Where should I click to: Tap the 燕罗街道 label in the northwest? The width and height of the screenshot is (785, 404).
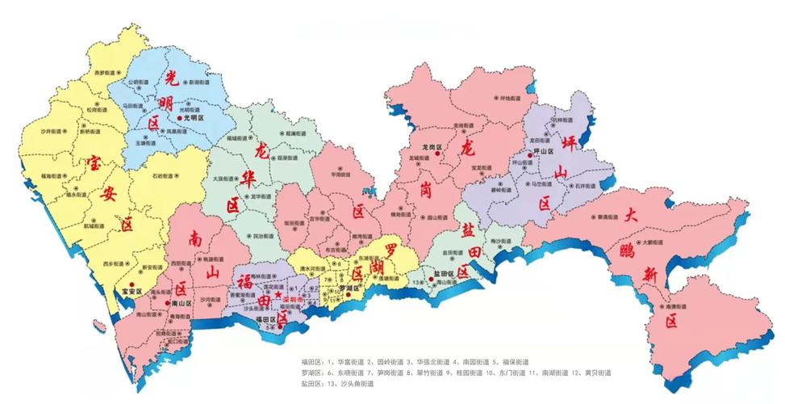[101, 73]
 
